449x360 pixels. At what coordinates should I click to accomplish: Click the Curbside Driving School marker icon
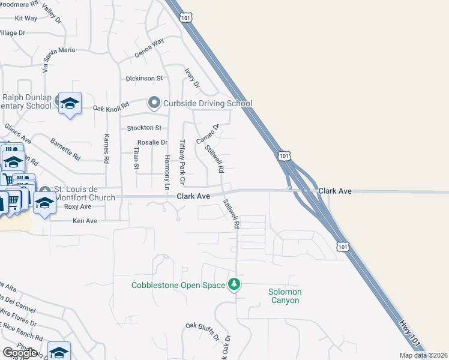pyautogui.click(x=154, y=103)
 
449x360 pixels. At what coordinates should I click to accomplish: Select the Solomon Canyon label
pyautogui.click(x=285, y=296)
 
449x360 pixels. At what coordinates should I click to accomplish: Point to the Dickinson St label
pyautogui.click(x=144, y=79)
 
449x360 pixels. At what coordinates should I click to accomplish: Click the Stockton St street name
pyautogui.click(x=144, y=128)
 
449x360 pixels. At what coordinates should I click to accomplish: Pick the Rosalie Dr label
pyautogui.click(x=152, y=142)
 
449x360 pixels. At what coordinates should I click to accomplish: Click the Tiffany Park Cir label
pyautogui.click(x=182, y=162)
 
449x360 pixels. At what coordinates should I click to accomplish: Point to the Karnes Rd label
pyautogui.click(x=107, y=149)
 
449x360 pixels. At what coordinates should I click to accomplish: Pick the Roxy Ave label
pyautogui.click(x=77, y=206)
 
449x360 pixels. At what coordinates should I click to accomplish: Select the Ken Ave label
pyautogui.click(x=85, y=221)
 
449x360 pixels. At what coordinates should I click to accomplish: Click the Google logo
pyautogui.click(x=20, y=353)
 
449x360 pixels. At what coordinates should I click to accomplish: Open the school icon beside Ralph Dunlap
pyautogui.click(x=70, y=104)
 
